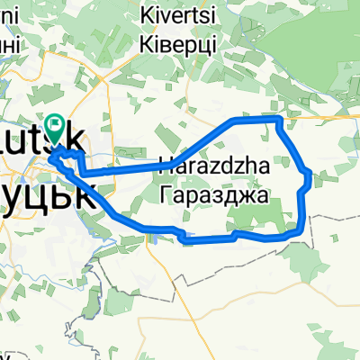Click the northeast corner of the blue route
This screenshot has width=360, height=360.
pyautogui.click(x=278, y=119)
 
